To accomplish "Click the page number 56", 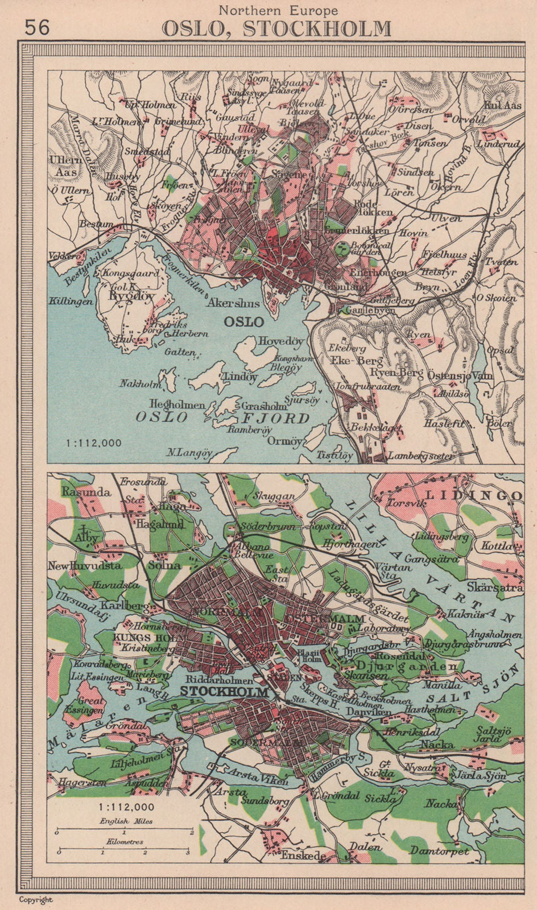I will [x=38, y=27].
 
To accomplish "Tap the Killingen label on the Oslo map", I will [x=71, y=301].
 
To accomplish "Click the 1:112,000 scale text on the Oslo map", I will [x=93, y=442].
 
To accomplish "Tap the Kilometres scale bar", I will [x=122, y=852].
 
